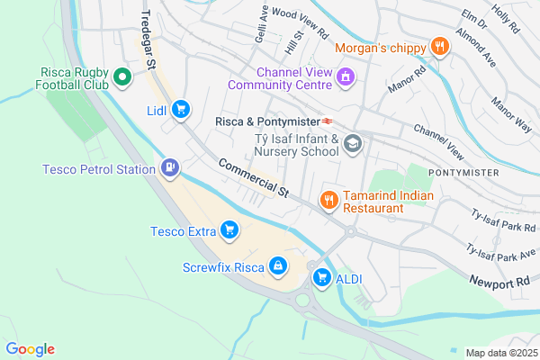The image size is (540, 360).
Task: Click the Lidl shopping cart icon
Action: (x=181, y=109)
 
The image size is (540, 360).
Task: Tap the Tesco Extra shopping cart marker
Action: (x=229, y=230)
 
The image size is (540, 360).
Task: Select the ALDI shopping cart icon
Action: (x=321, y=279)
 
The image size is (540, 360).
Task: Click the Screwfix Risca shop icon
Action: (x=278, y=265)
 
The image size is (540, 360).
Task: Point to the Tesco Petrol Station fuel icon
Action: (x=170, y=167)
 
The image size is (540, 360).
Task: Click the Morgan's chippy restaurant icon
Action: (x=439, y=47)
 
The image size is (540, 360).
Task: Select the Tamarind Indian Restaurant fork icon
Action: (x=329, y=200)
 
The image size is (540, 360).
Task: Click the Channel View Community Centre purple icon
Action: (x=344, y=78)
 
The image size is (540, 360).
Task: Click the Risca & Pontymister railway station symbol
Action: (x=330, y=121)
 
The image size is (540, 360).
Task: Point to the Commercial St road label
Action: (x=253, y=179)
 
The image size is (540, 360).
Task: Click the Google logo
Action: (x=30, y=349)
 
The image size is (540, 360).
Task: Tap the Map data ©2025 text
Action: (x=500, y=352)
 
